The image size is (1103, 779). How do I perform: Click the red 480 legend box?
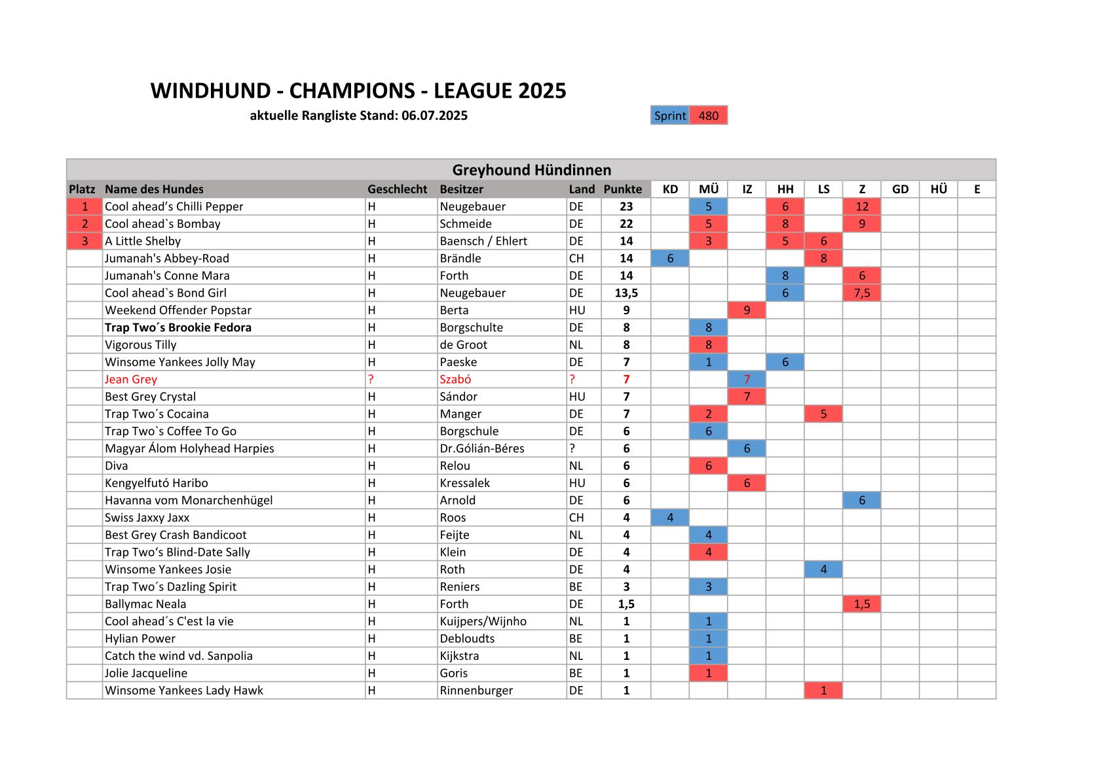[x=708, y=116]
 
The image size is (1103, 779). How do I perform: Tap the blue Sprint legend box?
[x=669, y=116]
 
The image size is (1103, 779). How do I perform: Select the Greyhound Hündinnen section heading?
[x=531, y=170]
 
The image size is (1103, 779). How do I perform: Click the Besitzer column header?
[x=461, y=189]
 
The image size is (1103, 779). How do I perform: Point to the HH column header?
[x=785, y=189]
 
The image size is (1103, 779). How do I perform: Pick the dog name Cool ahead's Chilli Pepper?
[x=174, y=206]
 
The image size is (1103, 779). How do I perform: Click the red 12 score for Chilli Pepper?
[x=861, y=206]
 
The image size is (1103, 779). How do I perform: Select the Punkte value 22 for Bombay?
[x=626, y=224]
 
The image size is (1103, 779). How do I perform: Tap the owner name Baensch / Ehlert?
[x=483, y=241]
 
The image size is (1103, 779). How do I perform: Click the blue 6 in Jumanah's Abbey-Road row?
[x=670, y=259]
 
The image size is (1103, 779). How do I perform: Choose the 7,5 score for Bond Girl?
[x=861, y=293]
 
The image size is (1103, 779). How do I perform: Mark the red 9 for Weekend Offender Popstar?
[x=747, y=310]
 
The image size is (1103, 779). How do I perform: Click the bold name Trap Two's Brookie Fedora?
[x=178, y=327]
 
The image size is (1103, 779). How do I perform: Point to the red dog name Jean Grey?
[x=131, y=379]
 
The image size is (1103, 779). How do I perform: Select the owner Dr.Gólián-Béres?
[x=482, y=448]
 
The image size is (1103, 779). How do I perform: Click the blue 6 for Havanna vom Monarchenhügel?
[x=861, y=500]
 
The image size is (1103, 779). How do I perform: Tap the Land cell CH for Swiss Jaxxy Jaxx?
[x=576, y=518]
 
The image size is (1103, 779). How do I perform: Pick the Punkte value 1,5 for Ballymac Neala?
[x=626, y=604]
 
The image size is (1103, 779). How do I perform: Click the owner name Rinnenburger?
[x=476, y=691]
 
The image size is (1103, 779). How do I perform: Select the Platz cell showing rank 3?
[x=84, y=241]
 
